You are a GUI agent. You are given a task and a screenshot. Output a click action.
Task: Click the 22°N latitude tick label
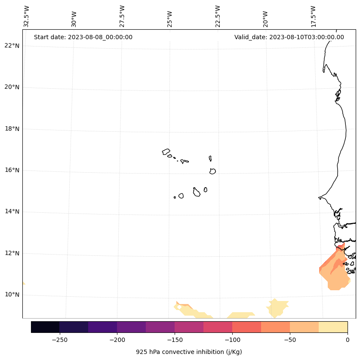(12, 46)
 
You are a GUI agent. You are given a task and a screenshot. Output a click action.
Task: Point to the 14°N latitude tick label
(12, 211)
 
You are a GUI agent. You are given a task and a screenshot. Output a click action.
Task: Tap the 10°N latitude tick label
(12, 295)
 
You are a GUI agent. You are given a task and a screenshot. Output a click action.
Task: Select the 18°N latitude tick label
(12, 129)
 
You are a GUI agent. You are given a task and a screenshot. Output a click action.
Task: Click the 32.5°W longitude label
(27, 16)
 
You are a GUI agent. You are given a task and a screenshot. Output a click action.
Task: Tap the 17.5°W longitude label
(314, 16)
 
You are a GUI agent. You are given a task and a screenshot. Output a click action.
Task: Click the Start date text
(83, 37)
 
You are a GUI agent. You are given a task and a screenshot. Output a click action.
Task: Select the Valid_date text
(289, 37)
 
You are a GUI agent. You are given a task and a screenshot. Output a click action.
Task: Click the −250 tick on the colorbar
(59, 339)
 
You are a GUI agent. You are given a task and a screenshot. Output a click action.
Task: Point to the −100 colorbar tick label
(232, 339)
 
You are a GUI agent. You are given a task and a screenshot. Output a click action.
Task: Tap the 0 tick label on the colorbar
(348, 339)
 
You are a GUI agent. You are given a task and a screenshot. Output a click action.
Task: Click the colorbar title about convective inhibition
(189, 352)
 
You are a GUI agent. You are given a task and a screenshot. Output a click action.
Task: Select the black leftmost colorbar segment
(45, 327)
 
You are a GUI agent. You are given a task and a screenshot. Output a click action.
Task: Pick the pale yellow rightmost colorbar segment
(333, 327)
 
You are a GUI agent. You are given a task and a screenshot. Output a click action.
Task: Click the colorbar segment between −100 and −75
(246, 327)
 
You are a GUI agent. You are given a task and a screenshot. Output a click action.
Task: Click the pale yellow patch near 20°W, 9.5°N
(277, 307)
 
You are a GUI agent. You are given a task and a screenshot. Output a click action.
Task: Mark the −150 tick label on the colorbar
(175, 339)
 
